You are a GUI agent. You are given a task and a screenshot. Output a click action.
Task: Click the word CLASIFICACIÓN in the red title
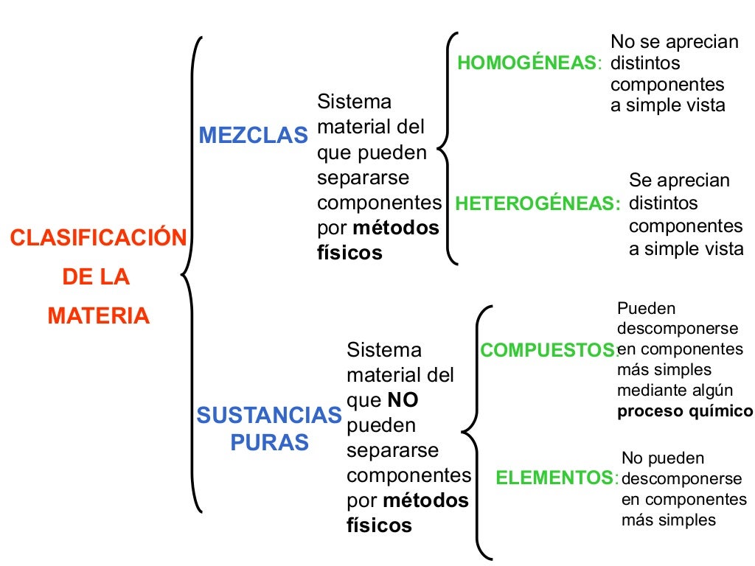pyautogui.click(x=98, y=239)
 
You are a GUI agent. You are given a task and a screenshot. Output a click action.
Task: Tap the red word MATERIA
pyautogui.click(x=98, y=316)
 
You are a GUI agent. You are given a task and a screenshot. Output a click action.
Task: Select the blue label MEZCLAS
pyautogui.click(x=253, y=136)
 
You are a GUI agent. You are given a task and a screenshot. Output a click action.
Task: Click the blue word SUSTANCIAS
pyautogui.click(x=269, y=416)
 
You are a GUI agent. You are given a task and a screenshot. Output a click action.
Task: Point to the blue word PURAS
pyautogui.click(x=269, y=442)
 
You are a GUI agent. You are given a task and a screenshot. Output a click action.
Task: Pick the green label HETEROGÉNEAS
pyautogui.click(x=537, y=203)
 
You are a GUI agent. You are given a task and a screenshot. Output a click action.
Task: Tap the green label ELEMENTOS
pyautogui.click(x=555, y=478)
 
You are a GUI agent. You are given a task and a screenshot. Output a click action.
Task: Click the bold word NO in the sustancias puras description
pyautogui.click(x=403, y=400)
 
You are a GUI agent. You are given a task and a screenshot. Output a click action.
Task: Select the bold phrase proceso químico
pyautogui.click(x=685, y=411)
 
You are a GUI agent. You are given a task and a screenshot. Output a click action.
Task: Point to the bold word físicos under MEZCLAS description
pyautogui.click(x=349, y=253)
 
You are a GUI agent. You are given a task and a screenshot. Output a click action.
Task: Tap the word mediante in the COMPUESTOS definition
pyautogui.click(x=644, y=391)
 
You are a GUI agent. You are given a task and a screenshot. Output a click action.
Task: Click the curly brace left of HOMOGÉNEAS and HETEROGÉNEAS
pyautogui.click(x=447, y=147)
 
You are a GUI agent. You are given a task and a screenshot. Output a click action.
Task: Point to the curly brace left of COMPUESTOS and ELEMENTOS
pyautogui.click(x=476, y=431)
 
